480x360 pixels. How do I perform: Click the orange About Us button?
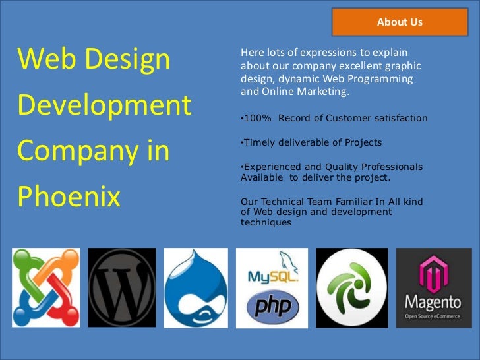point(399,22)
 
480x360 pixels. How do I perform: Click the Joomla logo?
point(45,287)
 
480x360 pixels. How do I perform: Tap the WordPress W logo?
point(122,287)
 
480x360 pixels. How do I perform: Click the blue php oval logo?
point(272,307)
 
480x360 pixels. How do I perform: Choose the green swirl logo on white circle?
point(351,287)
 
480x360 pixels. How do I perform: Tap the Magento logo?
point(433,287)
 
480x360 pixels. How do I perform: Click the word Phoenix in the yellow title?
point(69,196)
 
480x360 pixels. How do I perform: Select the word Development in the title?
point(104,105)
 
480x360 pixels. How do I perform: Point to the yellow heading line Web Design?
point(94,59)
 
